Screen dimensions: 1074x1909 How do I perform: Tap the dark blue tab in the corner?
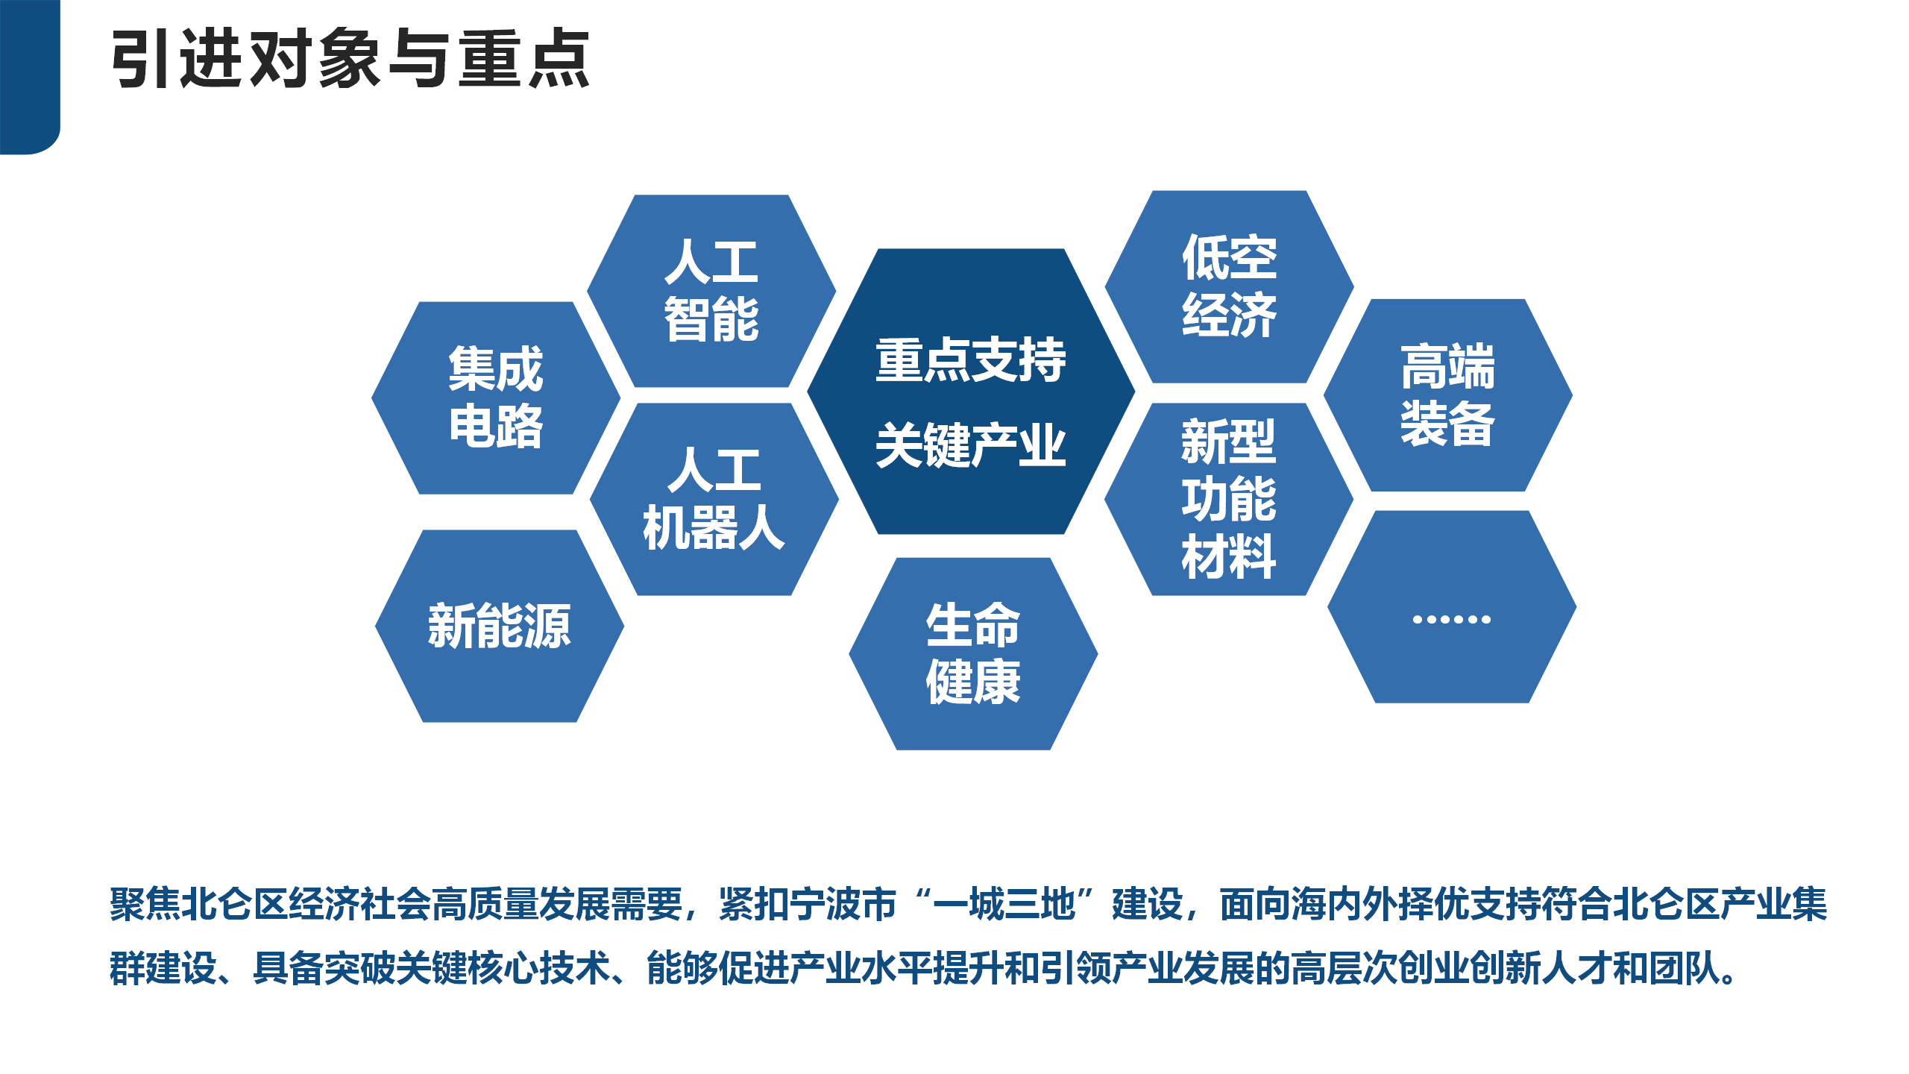(28, 75)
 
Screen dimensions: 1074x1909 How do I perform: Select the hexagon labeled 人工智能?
(711, 291)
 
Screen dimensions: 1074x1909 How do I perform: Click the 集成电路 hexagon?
(496, 398)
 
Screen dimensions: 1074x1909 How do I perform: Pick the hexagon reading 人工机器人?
(714, 499)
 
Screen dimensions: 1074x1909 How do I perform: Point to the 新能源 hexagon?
(500, 626)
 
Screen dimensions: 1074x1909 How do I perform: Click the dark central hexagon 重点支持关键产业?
(971, 392)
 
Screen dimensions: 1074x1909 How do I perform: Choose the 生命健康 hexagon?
(973, 653)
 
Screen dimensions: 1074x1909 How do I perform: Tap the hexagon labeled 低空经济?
(1229, 286)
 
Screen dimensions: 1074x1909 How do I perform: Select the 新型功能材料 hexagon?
(1229, 499)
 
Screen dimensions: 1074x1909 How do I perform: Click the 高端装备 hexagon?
(1447, 395)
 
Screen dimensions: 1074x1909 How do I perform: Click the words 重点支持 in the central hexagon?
(971, 360)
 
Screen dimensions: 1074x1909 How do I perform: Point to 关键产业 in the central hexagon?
(971, 445)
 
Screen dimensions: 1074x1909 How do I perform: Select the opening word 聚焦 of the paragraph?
(145, 904)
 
